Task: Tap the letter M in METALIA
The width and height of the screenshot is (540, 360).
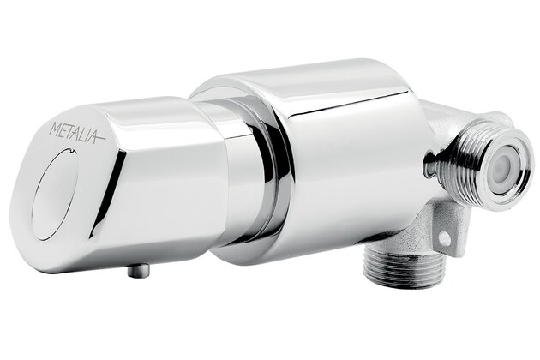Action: (x=56, y=129)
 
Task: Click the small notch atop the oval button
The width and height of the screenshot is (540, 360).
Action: (x=71, y=150)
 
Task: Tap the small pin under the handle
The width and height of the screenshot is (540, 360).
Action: (x=139, y=270)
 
